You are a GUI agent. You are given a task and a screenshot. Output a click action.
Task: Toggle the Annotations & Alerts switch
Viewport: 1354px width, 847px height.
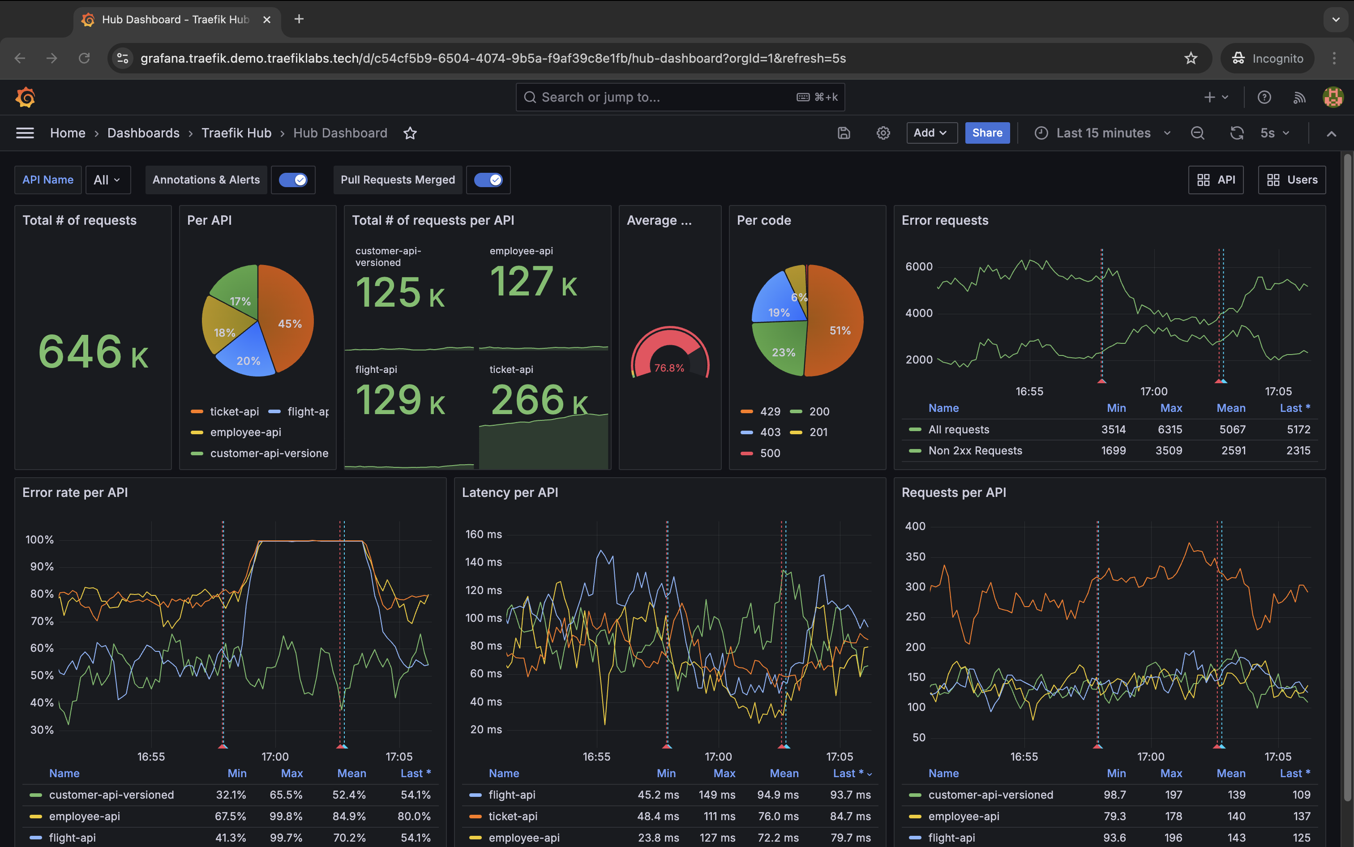pos(293,180)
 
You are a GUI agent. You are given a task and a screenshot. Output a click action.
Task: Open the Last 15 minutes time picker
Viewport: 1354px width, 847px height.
pos(1102,133)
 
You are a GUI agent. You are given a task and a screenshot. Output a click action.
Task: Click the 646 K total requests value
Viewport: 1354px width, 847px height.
pos(93,352)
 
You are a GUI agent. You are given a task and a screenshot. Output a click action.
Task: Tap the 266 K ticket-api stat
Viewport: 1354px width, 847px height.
pos(538,400)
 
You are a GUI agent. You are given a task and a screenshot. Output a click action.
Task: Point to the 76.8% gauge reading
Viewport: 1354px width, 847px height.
pos(669,368)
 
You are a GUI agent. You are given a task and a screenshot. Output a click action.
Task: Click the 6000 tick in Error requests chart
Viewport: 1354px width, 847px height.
pos(919,267)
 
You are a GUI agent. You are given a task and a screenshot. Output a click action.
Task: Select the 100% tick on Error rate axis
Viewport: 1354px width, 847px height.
pos(39,539)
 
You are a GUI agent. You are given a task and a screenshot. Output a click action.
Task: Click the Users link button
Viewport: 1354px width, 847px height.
pos(1291,180)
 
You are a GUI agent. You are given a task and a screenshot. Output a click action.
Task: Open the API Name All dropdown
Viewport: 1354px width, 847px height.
pos(107,180)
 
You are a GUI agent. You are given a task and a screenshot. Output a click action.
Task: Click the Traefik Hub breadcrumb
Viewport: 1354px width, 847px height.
pos(236,133)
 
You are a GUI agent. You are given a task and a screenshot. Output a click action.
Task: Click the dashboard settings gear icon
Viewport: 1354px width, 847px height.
pos(883,133)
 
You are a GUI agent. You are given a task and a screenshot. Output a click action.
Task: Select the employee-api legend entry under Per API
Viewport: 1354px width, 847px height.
pos(245,432)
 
